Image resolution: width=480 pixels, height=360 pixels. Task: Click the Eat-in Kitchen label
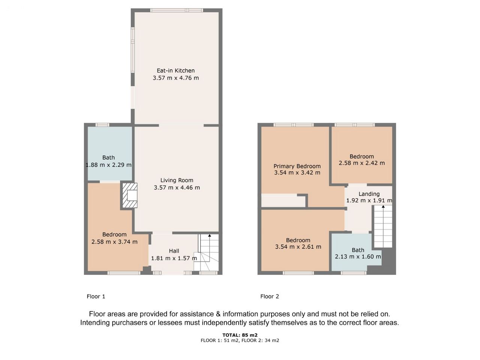175,70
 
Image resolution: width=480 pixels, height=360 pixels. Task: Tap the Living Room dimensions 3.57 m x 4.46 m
177,187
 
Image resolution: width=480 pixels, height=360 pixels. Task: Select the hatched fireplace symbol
130,195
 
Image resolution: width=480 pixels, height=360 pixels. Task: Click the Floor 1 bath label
108,157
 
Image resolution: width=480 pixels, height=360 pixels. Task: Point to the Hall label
174,251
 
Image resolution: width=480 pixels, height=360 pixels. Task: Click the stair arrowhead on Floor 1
210,235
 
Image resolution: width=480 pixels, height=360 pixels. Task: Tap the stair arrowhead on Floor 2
383,206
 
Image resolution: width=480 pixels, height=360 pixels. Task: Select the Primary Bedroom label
297,166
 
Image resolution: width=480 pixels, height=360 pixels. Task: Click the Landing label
369,194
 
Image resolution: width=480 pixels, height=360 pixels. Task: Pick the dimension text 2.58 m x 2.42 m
362,163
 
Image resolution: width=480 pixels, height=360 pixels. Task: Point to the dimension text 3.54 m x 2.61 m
298,247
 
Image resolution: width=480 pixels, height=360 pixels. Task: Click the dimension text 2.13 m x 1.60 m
358,256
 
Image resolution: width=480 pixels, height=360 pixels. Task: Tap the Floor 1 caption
96,296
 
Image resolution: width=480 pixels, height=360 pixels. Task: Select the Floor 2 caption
270,296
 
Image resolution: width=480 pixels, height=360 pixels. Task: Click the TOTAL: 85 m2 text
240,335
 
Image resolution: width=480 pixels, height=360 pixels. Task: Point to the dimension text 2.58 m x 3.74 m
114,242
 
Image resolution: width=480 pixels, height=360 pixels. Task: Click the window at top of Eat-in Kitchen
177,10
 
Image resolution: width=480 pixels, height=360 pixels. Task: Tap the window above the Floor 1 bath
102,125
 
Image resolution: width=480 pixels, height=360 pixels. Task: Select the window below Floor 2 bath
353,273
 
